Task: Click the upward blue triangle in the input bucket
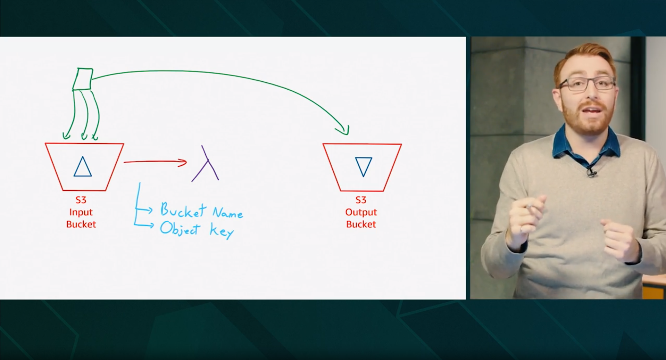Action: [83, 167]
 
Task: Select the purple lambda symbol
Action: [206, 164]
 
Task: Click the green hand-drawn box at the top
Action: [83, 79]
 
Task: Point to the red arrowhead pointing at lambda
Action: [183, 162]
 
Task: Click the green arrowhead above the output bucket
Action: [343, 130]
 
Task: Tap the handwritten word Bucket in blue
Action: [183, 210]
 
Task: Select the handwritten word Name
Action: [228, 212]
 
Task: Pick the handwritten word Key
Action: [222, 231]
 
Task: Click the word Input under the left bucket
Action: [81, 212]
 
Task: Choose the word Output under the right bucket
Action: [361, 212]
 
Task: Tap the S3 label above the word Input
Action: [81, 200]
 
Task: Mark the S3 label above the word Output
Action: [361, 200]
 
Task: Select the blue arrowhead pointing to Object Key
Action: [150, 226]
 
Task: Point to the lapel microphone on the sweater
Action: [591, 171]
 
